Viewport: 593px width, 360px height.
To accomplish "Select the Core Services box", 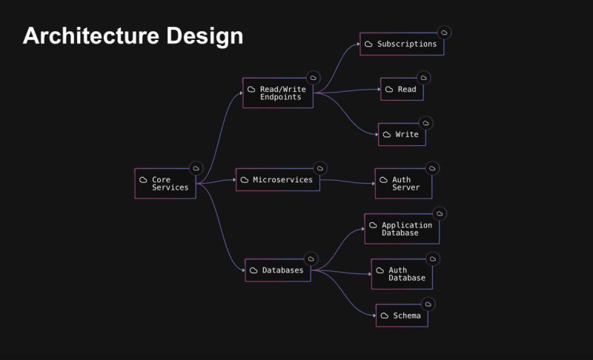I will [x=165, y=184].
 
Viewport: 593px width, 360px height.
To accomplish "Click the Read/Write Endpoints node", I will [x=277, y=93].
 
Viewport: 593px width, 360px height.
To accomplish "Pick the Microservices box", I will [x=277, y=180].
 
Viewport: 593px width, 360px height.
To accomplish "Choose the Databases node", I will [x=277, y=270].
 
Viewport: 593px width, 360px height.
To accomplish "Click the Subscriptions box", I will [x=402, y=44].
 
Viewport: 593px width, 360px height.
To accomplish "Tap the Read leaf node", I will [x=402, y=90].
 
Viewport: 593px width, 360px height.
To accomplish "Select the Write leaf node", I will [x=402, y=135].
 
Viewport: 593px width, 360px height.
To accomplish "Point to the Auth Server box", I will [x=402, y=184].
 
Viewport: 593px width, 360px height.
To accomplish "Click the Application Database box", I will [x=402, y=229].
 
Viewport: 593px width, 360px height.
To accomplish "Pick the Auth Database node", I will [x=402, y=274].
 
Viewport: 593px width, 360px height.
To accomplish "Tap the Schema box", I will [x=402, y=316].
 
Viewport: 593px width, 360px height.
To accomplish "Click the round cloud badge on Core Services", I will [x=196, y=168].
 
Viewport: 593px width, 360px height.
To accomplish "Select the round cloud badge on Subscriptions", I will [x=444, y=33].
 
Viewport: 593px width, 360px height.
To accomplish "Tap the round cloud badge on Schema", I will [x=428, y=304].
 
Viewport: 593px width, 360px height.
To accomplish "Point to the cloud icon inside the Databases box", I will [x=253, y=270].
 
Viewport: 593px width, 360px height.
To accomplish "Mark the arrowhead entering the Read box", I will [x=378, y=90].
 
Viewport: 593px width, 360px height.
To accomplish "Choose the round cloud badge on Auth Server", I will [x=431, y=168].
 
